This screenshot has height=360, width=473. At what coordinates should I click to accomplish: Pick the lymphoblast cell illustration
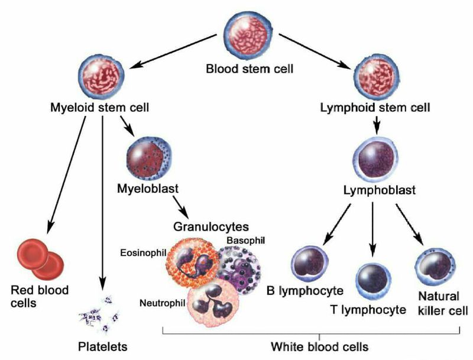tap(375, 158)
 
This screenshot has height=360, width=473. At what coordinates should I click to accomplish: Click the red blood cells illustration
tap(41, 258)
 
